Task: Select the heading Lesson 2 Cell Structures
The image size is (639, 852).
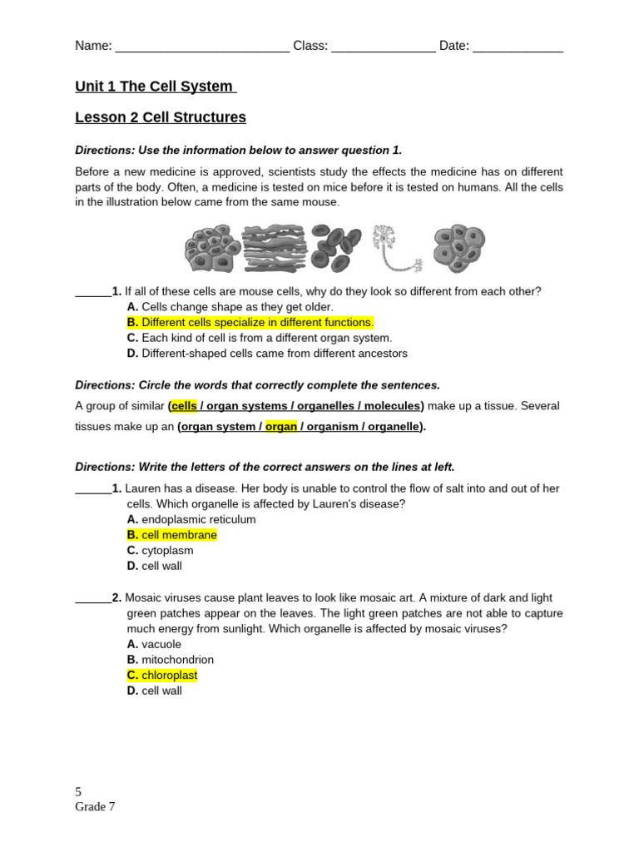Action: [x=161, y=117]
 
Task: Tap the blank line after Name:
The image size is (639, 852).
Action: [x=202, y=47]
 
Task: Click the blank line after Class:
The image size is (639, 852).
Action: [x=383, y=47]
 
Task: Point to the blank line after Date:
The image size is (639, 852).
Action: [x=518, y=47]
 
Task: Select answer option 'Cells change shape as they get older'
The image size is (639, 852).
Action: [x=230, y=307]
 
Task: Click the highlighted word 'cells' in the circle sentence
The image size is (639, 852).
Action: [x=185, y=406]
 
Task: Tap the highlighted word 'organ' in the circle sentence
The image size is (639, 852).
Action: [x=281, y=427]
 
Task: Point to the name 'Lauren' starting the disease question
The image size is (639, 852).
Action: [x=142, y=488]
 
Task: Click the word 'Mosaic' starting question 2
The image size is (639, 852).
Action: [x=143, y=597]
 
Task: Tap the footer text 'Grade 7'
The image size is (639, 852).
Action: [x=95, y=806]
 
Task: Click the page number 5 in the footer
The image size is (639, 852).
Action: [x=78, y=792]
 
